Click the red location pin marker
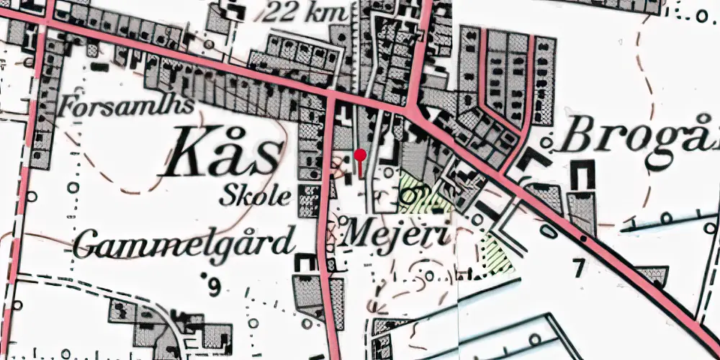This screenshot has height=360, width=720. point(360,155)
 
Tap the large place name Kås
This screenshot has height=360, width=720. point(225,153)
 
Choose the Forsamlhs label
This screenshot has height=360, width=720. point(129,107)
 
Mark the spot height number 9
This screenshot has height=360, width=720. point(212,288)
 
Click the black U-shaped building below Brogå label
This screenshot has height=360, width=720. point(582,175)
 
